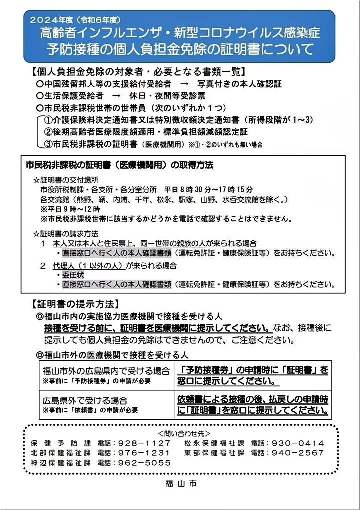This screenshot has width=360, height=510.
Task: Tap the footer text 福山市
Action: click(179, 484)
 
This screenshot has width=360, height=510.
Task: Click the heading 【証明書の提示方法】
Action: click(74, 303)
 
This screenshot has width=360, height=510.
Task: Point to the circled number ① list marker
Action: click(49, 120)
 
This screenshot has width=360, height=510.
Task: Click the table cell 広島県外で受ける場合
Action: click(85, 401)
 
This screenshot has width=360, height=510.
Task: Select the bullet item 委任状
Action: click(73, 275)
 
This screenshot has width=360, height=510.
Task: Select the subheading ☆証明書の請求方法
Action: click(65, 234)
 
